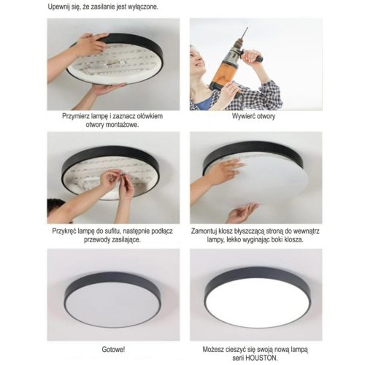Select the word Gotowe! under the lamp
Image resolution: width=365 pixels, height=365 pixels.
point(112,350)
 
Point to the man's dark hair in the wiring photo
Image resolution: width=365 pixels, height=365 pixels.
point(55,206)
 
